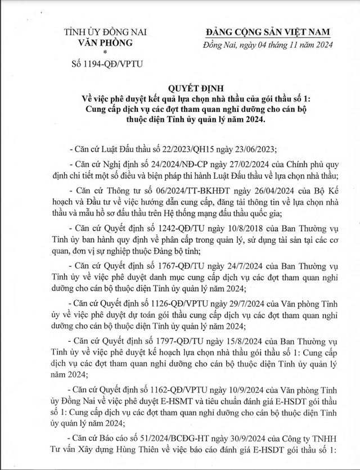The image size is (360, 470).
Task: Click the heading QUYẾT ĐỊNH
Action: pyautogui.click(x=180, y=88)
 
